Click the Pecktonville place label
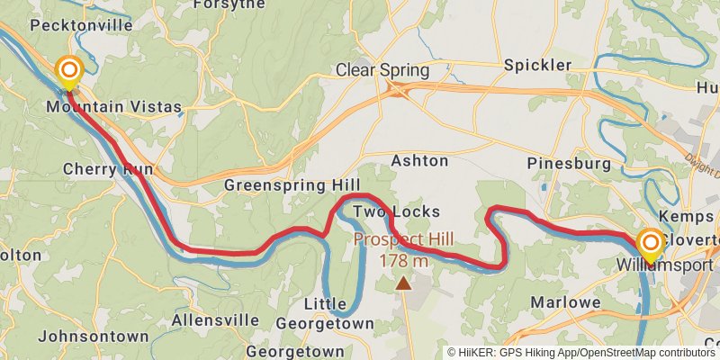click(81, 25)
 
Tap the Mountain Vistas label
click(114, 107)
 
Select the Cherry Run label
click(108, 168)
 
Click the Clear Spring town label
click(382, 70)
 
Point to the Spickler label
click(537, 65)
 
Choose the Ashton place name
click(419, 161)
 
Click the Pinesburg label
click(569, 164)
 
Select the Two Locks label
click(396, 211)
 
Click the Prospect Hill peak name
click(403, 240)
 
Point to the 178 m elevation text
click(404, 261)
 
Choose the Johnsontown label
click(94, 336)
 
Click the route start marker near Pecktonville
click(68, 70)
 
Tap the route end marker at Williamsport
click(650, 243)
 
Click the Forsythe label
click(229, 4)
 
